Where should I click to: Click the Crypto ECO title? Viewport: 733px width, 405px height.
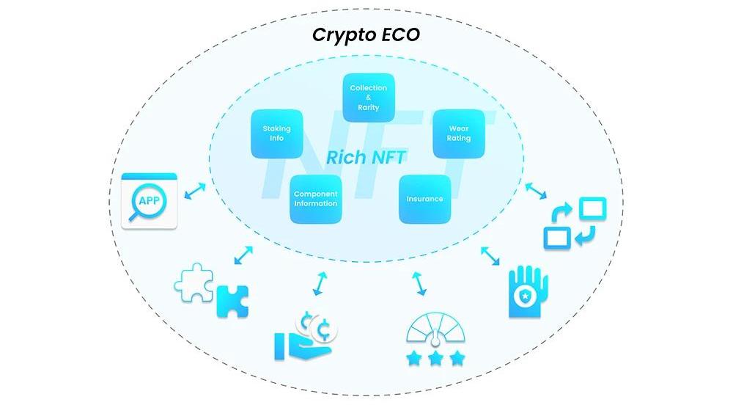366,34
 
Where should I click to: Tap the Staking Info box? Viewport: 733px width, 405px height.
276,134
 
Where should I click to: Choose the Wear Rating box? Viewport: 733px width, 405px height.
459,134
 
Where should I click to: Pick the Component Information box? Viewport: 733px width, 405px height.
315,199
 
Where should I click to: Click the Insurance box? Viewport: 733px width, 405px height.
424,199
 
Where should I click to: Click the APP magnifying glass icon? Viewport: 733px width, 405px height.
150,200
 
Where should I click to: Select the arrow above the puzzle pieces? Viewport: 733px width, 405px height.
243,255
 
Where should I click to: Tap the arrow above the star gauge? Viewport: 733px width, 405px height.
419,283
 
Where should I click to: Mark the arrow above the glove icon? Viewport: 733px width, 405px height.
490,255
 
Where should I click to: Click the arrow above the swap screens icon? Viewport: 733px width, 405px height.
536,190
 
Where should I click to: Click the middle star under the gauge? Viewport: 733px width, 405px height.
436,358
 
